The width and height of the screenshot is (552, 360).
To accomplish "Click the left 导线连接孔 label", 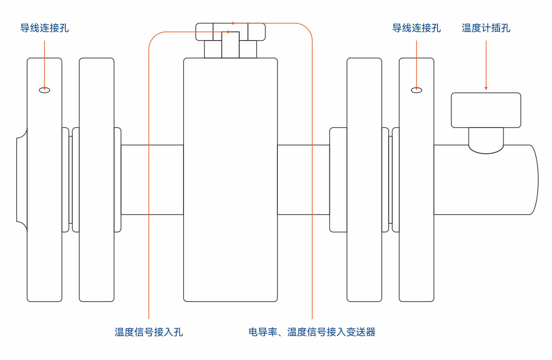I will (x=45, y=28).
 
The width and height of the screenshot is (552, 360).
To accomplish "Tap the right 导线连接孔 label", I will (x=416, y=28).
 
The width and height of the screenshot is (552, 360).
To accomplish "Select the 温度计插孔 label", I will (x=486, y=28).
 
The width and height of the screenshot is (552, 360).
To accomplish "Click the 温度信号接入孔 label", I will (x=149, y=332).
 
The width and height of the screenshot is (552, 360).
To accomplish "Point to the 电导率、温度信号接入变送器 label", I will (x=312, y=332).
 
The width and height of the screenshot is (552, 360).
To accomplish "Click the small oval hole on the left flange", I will (x=45, y=90).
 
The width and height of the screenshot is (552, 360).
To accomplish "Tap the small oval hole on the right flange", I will (x=416, y=90).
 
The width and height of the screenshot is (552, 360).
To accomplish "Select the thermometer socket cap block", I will (x=486, y=110).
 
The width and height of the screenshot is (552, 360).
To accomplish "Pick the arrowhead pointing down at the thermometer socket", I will (x=486, y=87).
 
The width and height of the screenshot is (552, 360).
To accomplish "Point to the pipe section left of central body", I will (x=152, y=180).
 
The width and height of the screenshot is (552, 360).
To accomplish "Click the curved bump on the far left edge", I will (x=21, y=180).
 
